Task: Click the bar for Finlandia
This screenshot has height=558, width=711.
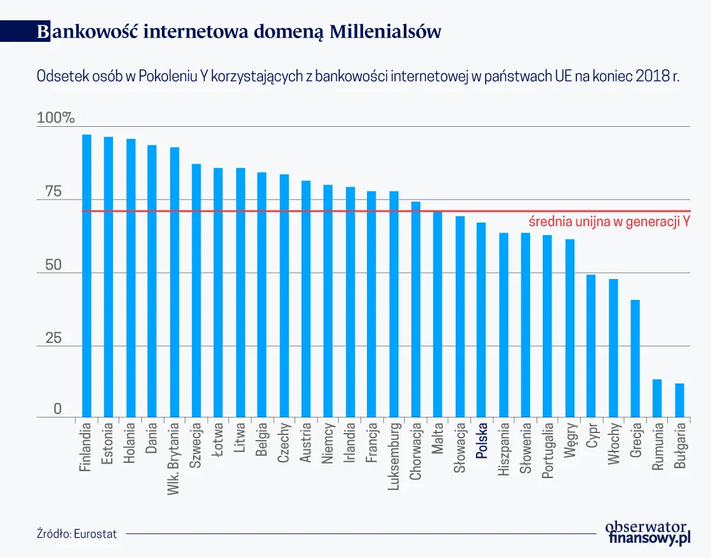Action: [x=87, y=276]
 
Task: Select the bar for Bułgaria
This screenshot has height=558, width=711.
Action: [x=679, y=400]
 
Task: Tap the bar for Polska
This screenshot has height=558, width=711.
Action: [x=481, y=320]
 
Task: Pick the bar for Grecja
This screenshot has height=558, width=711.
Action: [x=635, y=358]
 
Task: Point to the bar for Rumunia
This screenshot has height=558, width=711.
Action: [x=657, y=398]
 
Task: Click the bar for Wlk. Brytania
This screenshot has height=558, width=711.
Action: [x=175, y=282]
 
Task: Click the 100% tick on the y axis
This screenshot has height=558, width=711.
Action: [x=56, y=118]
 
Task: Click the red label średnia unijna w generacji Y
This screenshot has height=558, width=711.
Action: [x=609, y=222]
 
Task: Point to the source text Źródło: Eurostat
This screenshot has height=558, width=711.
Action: [x=77, y=534]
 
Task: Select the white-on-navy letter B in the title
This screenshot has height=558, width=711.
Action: [x=42, y=32]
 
